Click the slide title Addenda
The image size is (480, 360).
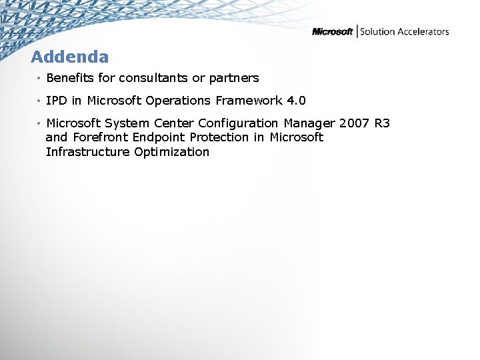point(69,57)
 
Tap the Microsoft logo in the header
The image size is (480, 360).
point(333,31)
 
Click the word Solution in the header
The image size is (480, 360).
point(377,31)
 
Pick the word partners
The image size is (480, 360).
point(234,78)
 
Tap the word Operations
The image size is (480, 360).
point(179,101)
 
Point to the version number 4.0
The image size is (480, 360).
point(296,101)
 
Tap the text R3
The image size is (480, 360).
point(383,123)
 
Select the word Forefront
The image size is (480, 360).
point(101,137)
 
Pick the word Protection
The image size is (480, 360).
point(217,137)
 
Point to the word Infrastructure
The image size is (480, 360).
point(88,152)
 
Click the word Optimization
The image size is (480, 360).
point(171,153)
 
